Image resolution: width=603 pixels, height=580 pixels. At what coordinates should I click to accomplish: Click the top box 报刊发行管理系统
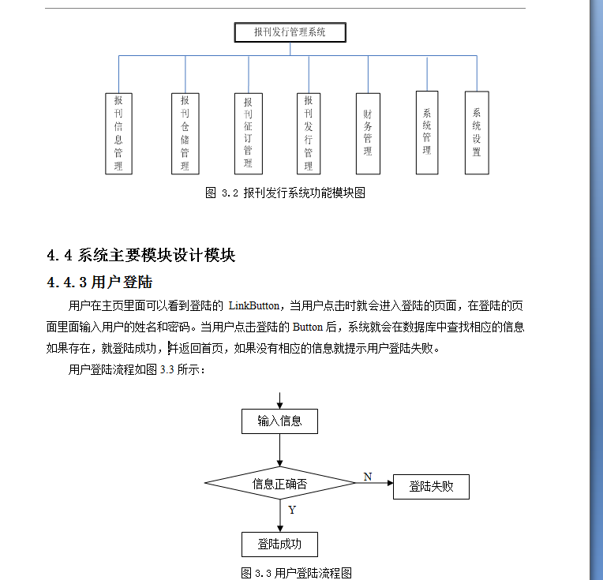290,32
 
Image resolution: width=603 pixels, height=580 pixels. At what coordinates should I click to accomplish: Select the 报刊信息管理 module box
118,133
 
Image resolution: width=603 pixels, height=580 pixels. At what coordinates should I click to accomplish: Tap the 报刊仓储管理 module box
185,133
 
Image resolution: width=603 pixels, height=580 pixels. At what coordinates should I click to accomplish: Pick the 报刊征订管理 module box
248,133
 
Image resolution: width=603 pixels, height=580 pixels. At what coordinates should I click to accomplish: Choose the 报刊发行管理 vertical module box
308,133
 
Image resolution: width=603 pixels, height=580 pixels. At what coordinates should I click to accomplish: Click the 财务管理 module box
368,133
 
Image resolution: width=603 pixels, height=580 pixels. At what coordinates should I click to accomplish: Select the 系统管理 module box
427,133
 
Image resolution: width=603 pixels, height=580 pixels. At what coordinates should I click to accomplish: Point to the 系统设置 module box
477,133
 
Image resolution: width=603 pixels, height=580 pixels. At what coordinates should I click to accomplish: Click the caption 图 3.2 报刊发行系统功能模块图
285,193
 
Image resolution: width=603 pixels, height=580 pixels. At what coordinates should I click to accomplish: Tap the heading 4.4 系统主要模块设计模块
141,256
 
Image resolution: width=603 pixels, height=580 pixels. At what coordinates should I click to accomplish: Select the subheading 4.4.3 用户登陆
99,282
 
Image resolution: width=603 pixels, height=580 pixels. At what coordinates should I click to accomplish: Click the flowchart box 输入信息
279,421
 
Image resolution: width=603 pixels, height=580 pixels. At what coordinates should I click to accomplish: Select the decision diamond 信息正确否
279,484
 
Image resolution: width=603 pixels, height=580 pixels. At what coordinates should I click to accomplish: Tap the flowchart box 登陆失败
431,486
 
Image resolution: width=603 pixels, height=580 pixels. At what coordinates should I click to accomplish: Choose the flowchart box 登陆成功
279,544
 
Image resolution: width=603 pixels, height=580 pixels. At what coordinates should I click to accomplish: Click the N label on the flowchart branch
368,476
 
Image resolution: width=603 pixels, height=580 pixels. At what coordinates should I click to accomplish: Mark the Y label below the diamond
292,510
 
